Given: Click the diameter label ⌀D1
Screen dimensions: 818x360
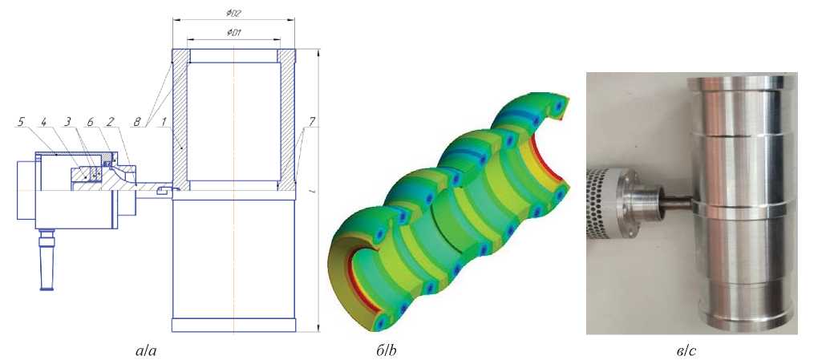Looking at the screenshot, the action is [x=233, y=32].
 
